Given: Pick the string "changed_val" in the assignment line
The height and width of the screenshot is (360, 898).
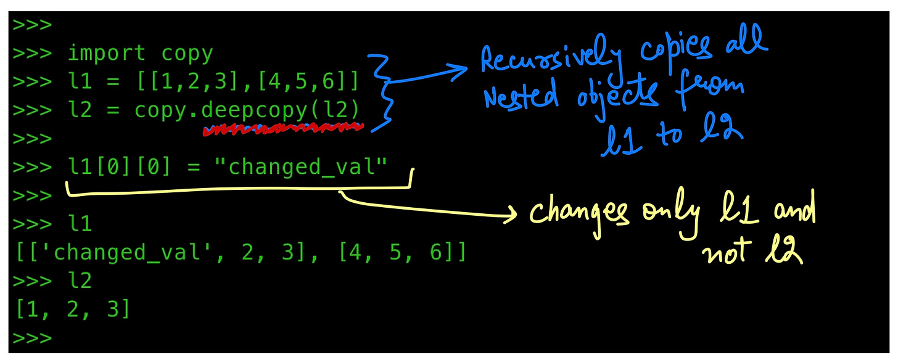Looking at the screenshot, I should pyautogui.click(x=302, y=166).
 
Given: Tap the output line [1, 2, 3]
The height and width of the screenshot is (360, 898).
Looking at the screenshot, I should pyautogui.click(x=73, y=309).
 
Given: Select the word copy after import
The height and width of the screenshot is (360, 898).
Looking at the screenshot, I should pyautogui.click(x=187, y=54).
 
